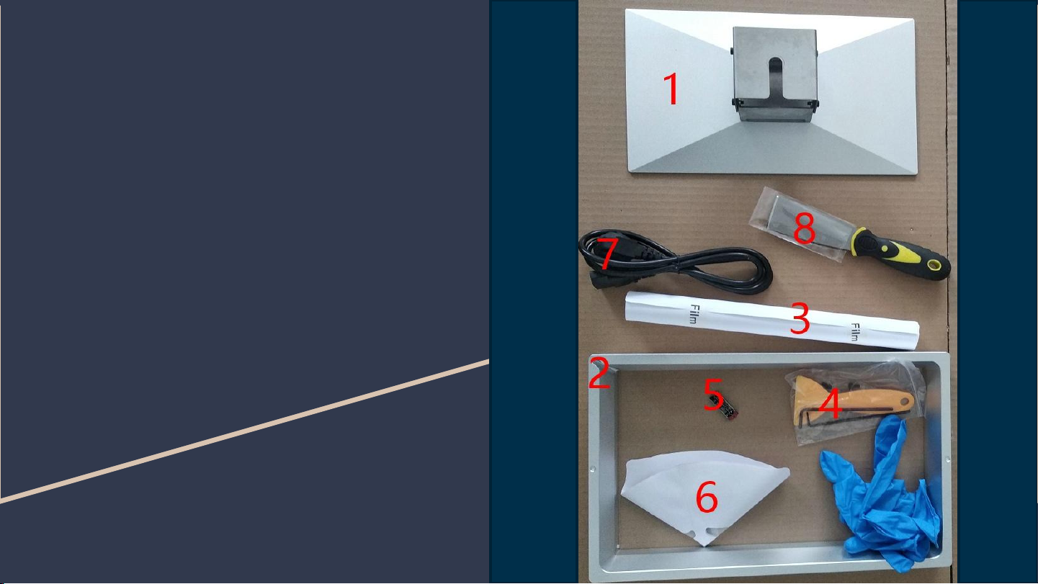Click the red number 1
click(671, 89)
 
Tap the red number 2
click(599, 373)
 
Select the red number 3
click(800, 318)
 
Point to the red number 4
click(830, 403)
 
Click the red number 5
click(713, 394)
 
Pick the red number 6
click(707, 497)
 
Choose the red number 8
click(804, 228)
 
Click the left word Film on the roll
click(694, 314)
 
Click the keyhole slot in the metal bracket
click(775, 76)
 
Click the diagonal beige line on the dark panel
click(244, 431)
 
